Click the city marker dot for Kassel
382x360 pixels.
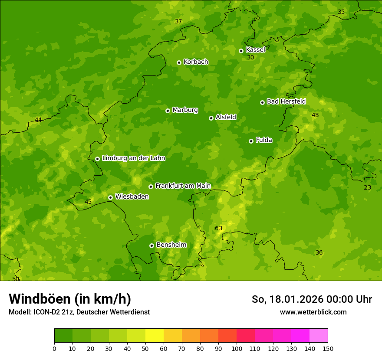(x=241, y=51)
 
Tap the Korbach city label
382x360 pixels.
(x=196, y=62)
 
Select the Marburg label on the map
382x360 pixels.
(x=185, y=110)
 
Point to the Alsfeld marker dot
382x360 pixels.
(x=211, y=118)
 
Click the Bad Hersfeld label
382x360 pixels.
(x=286, y=101)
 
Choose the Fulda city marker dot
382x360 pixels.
(x=251, y=141)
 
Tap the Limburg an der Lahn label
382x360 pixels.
(x=133, y=158)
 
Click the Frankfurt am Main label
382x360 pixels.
(x=183, y=186)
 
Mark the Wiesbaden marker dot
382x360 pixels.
(x=110, y=197)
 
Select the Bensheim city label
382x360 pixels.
(x=171, y=245)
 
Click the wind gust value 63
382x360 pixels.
(x=218, y=228)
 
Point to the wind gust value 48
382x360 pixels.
(x=315, y=115)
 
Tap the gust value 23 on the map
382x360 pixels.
(x=367, y=187)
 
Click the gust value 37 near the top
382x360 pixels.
(x=178, y=21)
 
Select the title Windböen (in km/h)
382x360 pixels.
(x=70, y=299)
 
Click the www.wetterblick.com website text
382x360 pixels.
(x=313, y=312)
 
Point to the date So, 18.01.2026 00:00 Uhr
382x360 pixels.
(x=312, y=299)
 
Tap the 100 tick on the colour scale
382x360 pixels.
(x=237, y=348)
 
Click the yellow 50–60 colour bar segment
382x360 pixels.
(x=155, y=336)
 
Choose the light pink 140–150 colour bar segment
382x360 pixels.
(x=319, y=336)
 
